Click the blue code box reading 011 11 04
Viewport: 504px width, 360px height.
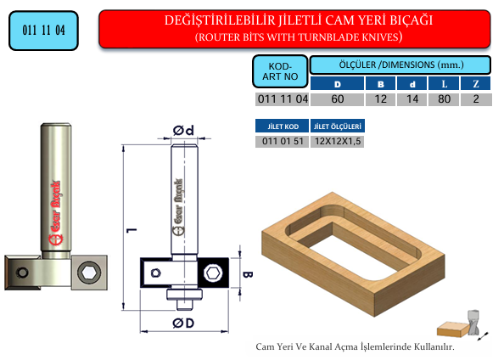tap(44, 31)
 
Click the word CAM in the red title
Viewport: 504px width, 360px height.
tap(339, 20)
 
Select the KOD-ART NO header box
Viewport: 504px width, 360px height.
tap(280, 71)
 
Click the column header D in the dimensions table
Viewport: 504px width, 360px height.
tap(337, 84)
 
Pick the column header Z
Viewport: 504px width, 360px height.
tap(475, 84)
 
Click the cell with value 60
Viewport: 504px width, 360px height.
tap(337, 99)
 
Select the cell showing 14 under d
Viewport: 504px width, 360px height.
tap(412, 99)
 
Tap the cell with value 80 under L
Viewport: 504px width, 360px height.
tap(444, 99)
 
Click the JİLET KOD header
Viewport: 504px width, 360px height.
tap(283, 127)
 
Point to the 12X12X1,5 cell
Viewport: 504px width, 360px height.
tap(338, 141)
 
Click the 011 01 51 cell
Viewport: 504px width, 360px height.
tap(283, 141)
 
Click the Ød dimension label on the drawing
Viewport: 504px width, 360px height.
tap(183, 130)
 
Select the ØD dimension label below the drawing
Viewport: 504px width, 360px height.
tap(183, 323)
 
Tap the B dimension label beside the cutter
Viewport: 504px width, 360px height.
tap(248, 274)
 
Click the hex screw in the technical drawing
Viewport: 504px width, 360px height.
tap(213, 273)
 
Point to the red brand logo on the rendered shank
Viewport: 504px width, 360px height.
tap(55, 212)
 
